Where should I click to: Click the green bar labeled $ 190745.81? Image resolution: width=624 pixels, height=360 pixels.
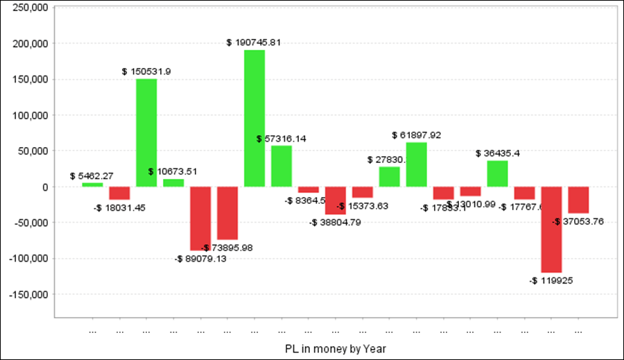click(x=254, y=118)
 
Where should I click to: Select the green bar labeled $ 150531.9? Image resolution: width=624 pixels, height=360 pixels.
click(x=146, y=132)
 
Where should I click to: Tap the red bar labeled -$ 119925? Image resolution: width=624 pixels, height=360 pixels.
click(x=552, y=230)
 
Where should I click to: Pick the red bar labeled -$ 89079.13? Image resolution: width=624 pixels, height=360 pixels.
click(x=200, y=218)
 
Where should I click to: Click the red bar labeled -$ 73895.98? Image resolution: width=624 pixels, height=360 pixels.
click(x=227, y=213)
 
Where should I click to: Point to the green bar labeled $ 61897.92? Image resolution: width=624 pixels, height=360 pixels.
click(x=417, y=164)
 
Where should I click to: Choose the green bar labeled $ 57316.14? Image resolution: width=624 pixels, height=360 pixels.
click(x=281, y=166)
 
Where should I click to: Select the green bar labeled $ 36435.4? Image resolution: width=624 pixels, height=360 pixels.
click(x=498, y=173)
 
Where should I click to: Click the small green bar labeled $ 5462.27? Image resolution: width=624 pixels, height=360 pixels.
click(x=92, y=185)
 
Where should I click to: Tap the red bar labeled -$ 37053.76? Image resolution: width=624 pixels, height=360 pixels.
click(x=579, y=200)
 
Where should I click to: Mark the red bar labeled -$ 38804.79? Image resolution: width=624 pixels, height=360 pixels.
click(x=336, y=200)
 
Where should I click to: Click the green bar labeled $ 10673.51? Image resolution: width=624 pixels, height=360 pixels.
click(x=173, y=183)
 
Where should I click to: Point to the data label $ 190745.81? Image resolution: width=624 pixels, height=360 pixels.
click(x=254, y=42)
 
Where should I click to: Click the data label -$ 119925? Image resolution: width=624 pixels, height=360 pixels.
click(x=551, y=281)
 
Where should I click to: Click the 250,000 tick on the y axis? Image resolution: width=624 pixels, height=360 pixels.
click(x=28, y=8)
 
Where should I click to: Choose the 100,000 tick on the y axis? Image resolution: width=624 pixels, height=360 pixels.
click(x=28, y=115)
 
